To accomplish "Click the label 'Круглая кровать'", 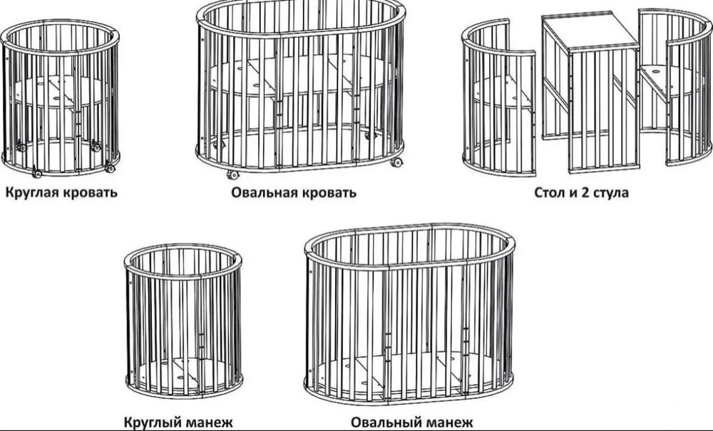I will (x=61, y=192).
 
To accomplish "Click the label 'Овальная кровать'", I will (x=294, y=192).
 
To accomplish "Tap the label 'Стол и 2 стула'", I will (x=581, y=192).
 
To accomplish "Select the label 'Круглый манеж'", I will (x=179, y=422).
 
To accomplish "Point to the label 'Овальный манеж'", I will (x=411, y=422).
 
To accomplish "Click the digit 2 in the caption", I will (x=586, y=192).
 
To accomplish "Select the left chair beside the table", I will (x=498, y=100).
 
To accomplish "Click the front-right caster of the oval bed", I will (x=396, y=162).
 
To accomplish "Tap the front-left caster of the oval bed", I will (x=232, y=174).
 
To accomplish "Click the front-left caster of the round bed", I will (x=36, y=172).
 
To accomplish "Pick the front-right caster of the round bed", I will (x=110, y=168).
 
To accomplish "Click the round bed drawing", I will (x=60, y=96).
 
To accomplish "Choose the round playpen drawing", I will (x=183, y=321).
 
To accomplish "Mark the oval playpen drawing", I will (x=409, y=313).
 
